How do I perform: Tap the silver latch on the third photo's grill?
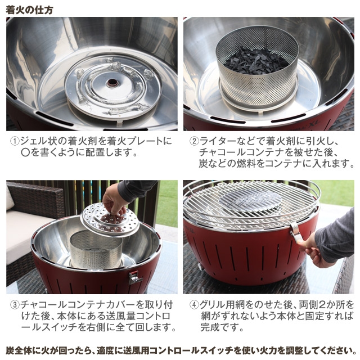(134, 276)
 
